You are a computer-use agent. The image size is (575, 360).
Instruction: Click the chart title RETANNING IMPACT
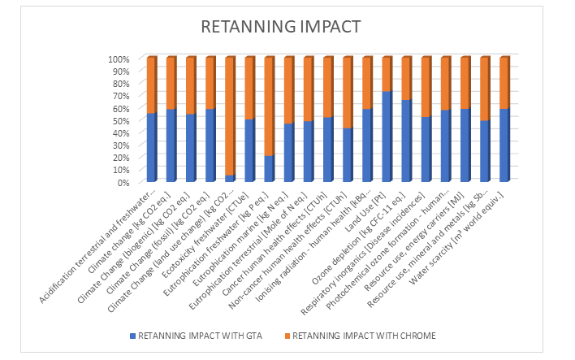(280, 27)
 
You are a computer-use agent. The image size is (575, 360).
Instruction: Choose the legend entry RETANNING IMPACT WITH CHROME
(365, 334)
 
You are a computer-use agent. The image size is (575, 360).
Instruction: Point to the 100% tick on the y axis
(118, 59)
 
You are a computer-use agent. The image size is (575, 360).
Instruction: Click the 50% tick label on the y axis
(120, 121)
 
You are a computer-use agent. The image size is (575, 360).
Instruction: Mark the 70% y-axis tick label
(120, 96)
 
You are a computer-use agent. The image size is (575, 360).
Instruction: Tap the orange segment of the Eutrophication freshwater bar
(269, 106)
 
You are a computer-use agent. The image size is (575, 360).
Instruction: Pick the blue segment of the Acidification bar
(151, 147)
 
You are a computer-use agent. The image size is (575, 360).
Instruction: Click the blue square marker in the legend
(131, 334)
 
